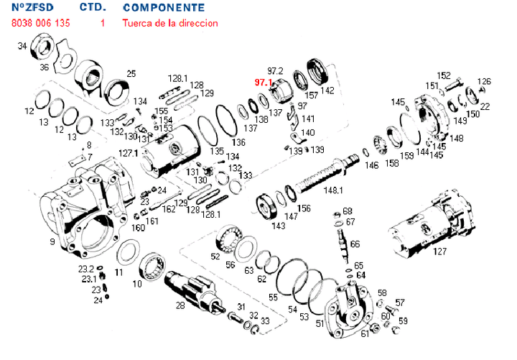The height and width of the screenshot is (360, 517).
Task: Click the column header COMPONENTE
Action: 163,8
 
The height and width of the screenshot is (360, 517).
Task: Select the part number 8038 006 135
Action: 40,23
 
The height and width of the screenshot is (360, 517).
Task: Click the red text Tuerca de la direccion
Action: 170,23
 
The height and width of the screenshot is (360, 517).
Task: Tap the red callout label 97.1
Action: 263,83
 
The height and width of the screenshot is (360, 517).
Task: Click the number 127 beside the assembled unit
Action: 440,251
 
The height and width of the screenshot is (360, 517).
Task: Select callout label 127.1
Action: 129,153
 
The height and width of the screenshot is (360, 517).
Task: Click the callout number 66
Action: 355,245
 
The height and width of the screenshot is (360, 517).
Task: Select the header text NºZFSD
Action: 31,8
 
